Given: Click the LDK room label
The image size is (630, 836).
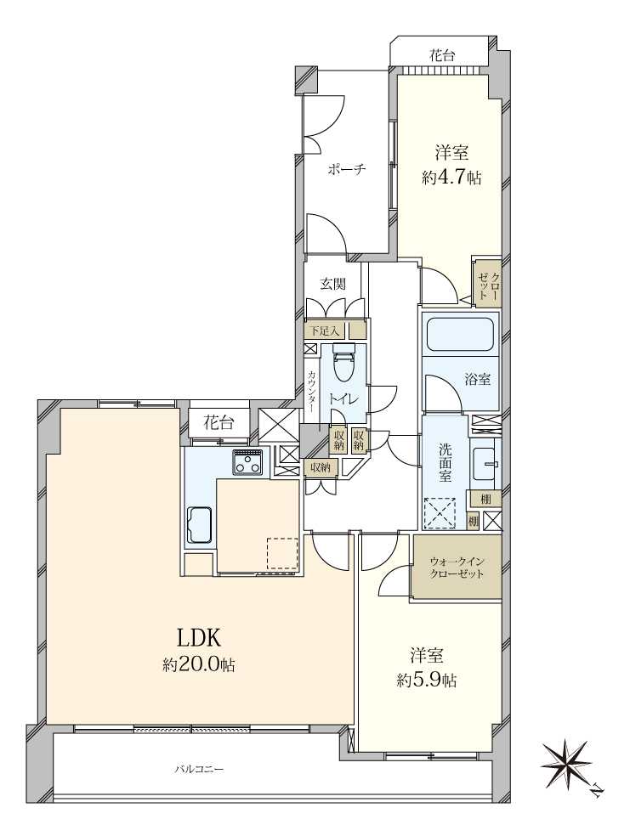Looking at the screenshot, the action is tap(198, 638).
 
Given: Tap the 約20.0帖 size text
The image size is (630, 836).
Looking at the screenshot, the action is tap(198, 665).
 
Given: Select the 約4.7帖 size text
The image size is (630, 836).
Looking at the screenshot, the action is tap(451, 178).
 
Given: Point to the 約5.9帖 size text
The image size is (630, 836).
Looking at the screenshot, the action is tap(426, 681).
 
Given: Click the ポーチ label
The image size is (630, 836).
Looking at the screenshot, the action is tap(346, 170).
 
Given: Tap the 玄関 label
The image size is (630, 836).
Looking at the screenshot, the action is tap(332, 284).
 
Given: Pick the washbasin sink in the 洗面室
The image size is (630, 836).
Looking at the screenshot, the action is tap(486, 463).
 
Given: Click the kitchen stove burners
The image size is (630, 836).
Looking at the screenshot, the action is tap(247, 461).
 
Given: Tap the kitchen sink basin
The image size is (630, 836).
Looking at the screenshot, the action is tap(199, 524).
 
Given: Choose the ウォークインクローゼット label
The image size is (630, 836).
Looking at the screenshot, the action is tap(457, 568).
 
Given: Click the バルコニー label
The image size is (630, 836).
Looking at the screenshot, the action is tap(198, 770).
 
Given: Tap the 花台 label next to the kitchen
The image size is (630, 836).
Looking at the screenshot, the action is tap(219, 424).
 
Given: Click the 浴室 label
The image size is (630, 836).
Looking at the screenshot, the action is tap(478, 380).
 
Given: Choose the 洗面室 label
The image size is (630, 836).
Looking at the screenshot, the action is tap(445, 463).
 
